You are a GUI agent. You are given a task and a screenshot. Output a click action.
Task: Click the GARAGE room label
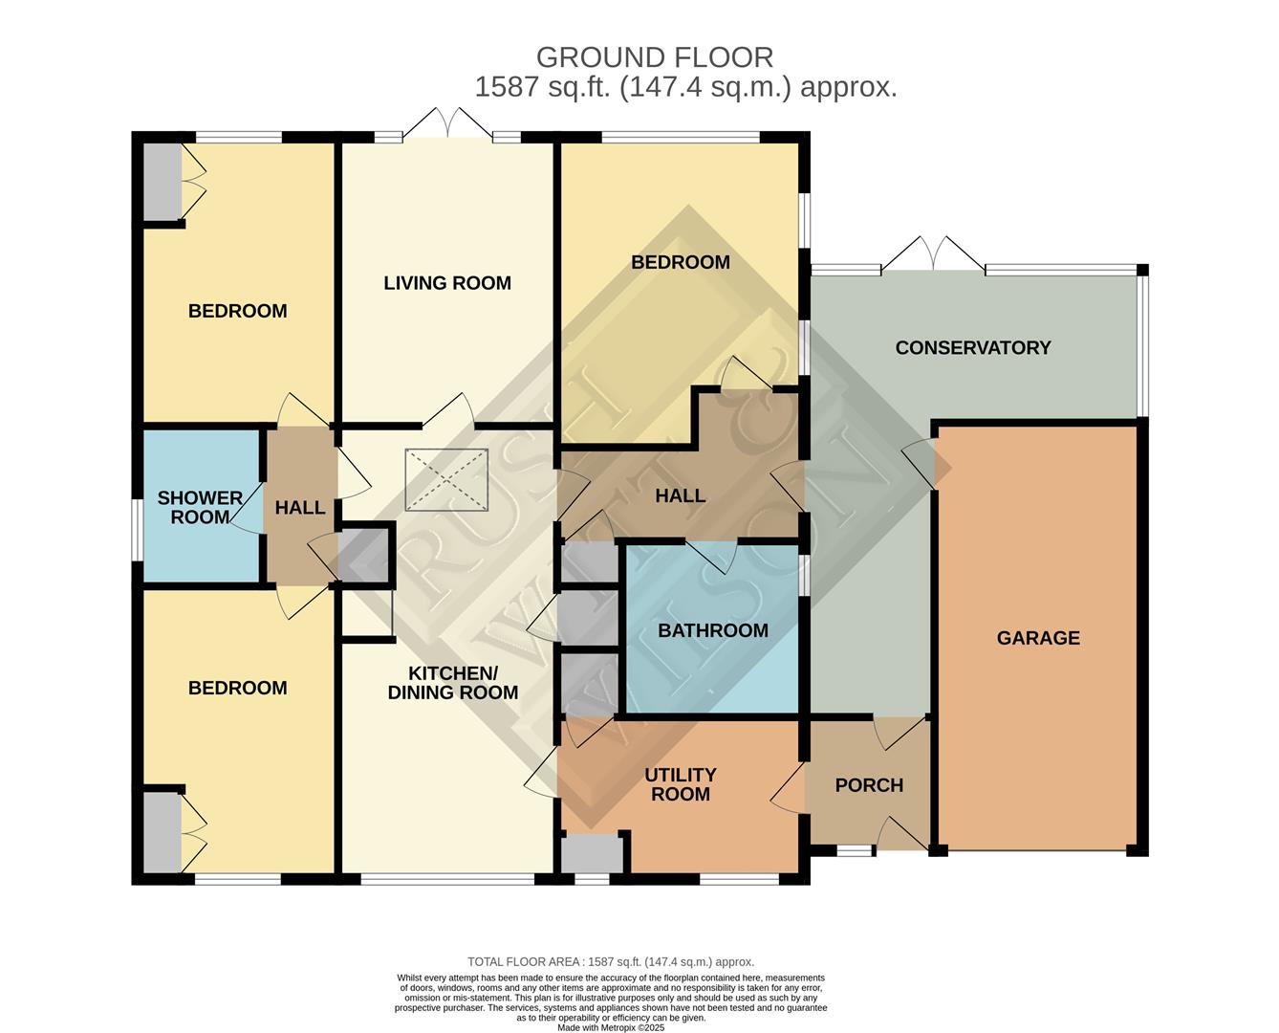click(x=1038, y=638)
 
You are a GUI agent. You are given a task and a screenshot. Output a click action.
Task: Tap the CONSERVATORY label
click(x=972, y=348)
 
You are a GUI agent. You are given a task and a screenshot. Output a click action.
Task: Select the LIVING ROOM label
click(x=447, y=283)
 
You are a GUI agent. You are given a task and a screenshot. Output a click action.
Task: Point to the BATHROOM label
click(x=713, y=630)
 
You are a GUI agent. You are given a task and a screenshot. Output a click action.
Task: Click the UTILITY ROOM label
click(x=680, y=784)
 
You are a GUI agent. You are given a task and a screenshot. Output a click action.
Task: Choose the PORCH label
click(x=869, y=785)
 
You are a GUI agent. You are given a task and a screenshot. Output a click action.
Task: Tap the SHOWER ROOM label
click(x=200, y=508)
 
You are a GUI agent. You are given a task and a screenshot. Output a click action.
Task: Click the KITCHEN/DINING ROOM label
click(x=453, y=683)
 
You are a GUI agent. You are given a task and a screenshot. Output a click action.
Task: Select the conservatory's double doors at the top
click(x=933, y=253)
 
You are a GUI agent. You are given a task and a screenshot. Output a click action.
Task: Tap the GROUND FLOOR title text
click(x=655, y=57)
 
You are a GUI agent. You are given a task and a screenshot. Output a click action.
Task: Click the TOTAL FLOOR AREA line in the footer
click(x=611, y=962)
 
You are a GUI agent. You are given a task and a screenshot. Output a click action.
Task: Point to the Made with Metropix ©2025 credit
click(x=611, y=1028)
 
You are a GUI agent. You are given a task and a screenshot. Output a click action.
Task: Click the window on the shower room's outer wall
click(x=138, y=531)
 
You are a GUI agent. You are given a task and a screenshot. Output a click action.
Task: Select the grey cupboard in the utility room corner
click(x=591, y=852)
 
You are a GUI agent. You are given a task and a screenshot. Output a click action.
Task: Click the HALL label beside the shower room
click(x=300, y=508)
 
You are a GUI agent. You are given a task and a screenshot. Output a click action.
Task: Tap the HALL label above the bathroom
click(x=680, y=495)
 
